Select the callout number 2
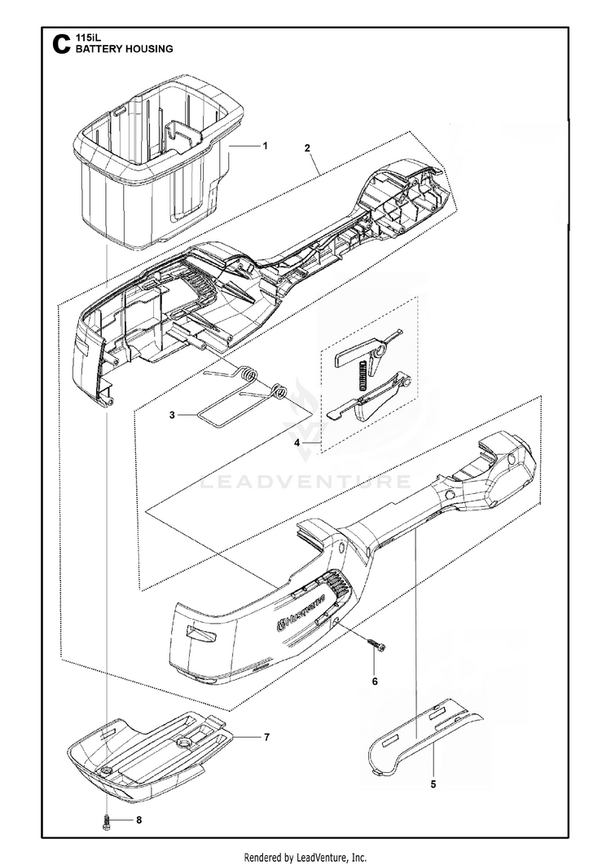(x=306, y=148)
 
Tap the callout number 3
(x=172, y=415)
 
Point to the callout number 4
(x=297, y=442)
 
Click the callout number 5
(x=433, y=784)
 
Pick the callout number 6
(x=375, y=680)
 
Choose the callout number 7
(x=266, y=737)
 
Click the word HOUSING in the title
(x=147, y=49)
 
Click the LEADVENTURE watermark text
(x=305, y=481)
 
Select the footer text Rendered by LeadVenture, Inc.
(x=305, y=857)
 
